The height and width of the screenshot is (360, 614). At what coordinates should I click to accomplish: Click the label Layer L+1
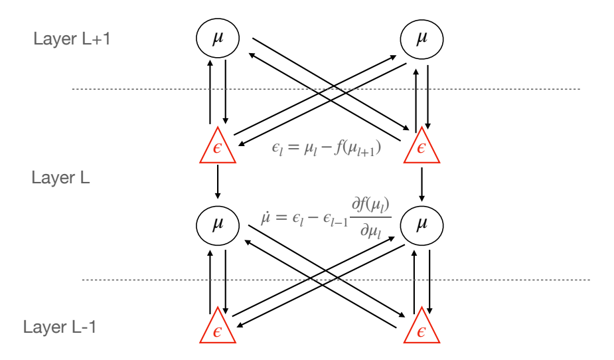[72, 38]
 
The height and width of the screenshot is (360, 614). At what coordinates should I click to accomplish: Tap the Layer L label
[62, 179]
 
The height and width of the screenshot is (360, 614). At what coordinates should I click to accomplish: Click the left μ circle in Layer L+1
[217, 39]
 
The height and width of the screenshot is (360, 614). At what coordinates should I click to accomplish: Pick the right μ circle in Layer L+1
[422, 39]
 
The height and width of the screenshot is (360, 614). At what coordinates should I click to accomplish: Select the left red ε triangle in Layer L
[217, 147]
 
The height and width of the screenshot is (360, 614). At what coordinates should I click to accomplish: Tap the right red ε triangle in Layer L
[421, 147]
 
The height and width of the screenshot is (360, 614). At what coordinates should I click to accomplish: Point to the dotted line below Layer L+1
[325, 89]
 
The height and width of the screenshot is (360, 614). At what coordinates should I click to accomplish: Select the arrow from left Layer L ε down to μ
[218, 181]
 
